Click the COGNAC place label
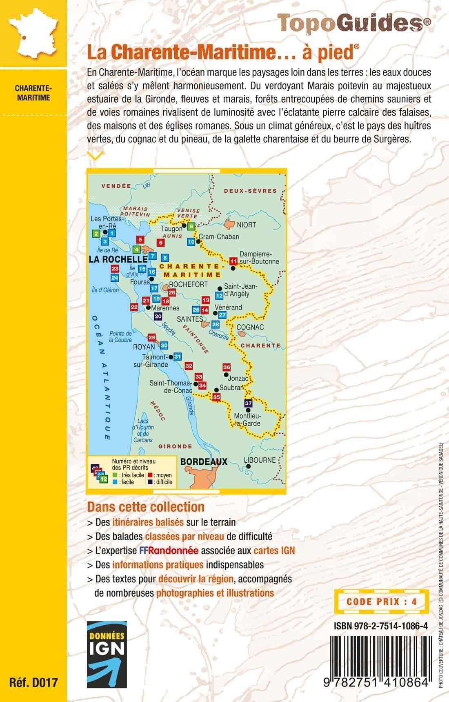(x=250, y=328)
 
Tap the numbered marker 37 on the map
(x=249, y=403)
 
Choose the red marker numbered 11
(x=233, y=261)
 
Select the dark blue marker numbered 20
(x=158, y=316)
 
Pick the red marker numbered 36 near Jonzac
(x=227, y=367)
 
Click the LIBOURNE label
(x=260, y=460)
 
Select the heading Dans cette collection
(x=146, y=507)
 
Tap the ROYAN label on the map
(x=144, y=347)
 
